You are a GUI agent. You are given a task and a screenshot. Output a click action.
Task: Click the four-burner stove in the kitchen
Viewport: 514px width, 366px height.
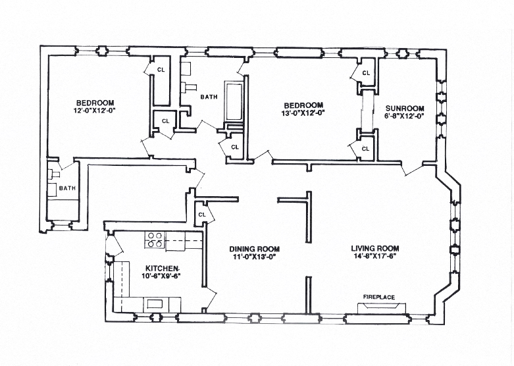point(155,240)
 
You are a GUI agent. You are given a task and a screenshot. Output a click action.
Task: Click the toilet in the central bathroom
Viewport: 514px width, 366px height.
point(190,86)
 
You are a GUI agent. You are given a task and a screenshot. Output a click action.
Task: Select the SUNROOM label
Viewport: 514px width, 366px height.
point(405,108)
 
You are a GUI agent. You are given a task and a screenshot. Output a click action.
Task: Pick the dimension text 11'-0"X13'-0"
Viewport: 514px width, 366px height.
point(255,257)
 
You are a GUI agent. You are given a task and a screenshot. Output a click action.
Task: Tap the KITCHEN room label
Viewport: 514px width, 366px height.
point(162,268)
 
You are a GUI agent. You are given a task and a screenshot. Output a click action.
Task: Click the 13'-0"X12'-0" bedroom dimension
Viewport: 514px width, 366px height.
point(303,113)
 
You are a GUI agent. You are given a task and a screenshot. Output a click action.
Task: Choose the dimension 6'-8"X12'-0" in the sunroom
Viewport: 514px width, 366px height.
point(405,117)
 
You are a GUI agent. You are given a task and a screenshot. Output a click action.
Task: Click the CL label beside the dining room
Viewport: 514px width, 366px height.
point(203,214)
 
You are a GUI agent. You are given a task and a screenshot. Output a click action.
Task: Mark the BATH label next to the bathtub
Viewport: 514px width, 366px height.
point(209,97)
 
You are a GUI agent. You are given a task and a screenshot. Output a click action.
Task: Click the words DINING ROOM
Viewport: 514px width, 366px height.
point(255,249)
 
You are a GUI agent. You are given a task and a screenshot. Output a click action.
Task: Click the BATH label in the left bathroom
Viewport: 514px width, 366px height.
point(67,188)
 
